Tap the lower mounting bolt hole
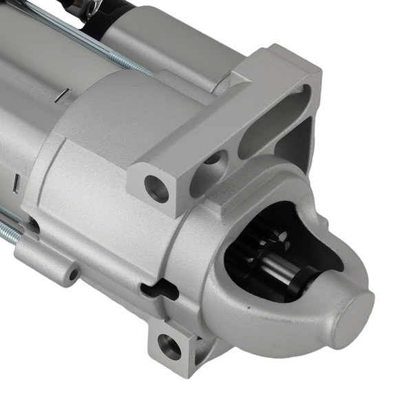pos(169,346)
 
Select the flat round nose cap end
pos(352,318)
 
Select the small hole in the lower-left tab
pos(73,274)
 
